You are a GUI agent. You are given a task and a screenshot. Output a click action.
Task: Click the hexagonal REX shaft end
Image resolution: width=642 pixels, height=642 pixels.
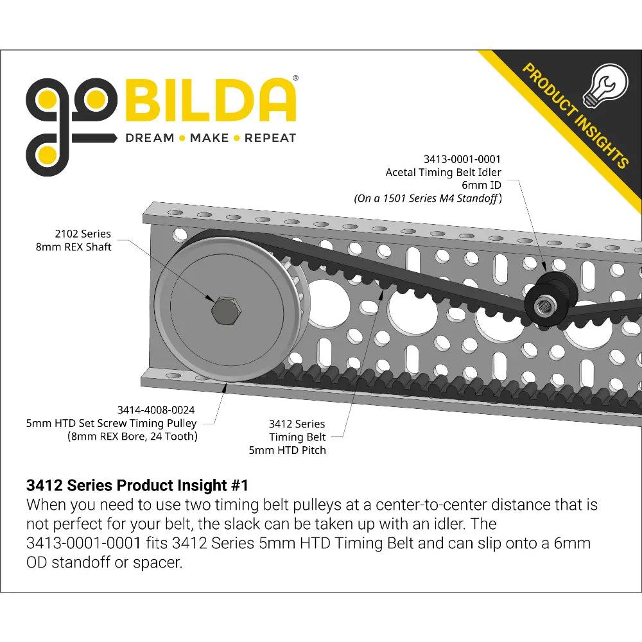(x=227, y=310)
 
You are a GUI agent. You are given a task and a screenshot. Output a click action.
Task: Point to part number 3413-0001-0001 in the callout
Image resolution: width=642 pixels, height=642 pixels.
(x=462, y=159)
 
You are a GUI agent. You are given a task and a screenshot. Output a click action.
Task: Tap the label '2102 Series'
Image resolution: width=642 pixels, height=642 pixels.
(x=83, y=234)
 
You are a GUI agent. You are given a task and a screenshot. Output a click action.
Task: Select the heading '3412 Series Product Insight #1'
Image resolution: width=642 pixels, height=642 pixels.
(x=136, y=485)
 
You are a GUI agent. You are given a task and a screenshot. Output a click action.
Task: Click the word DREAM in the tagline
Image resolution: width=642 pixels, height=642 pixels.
(x=150, y=138)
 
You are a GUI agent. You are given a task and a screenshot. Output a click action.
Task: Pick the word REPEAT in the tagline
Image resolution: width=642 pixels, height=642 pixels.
(x=270, y=138)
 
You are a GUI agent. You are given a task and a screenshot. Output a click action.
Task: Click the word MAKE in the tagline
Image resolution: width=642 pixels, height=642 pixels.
(x=209, y=138)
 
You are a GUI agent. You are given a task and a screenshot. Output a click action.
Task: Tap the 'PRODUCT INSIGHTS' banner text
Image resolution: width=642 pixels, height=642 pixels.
(x=575, y=115)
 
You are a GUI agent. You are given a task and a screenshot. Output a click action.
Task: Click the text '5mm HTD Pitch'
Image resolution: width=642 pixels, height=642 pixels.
(x=287, y=450)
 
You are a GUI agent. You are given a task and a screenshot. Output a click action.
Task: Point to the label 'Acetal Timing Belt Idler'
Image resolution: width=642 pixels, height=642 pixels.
(x=443, y=172)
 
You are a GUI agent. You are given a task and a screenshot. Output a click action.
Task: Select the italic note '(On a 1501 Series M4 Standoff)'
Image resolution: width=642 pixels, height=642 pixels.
(x=428, y=198)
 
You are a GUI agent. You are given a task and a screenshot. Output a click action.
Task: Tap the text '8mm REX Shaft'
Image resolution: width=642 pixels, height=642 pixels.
(x=73, y=247)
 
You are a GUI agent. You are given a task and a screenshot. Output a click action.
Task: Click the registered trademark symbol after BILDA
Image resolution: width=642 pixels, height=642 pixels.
(x=295, y=77)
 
